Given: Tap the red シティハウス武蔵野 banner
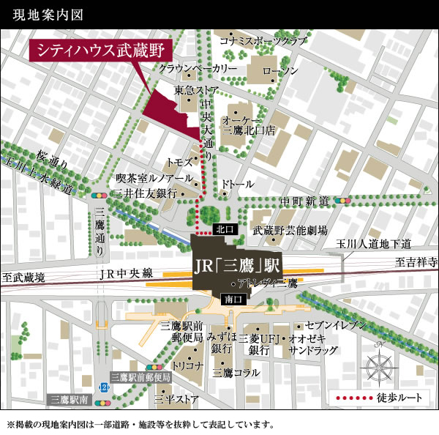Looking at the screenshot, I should click(x=100, y=51).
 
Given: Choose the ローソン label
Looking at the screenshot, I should click(x=280, y=70).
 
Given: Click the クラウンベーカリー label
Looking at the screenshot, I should click(x=198, y=68).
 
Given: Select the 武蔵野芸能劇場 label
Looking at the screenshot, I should click(x=290, y=230).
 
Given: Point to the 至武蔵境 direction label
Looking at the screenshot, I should click(x=23, y=277).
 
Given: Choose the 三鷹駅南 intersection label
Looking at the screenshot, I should click(x=70, y=400).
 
